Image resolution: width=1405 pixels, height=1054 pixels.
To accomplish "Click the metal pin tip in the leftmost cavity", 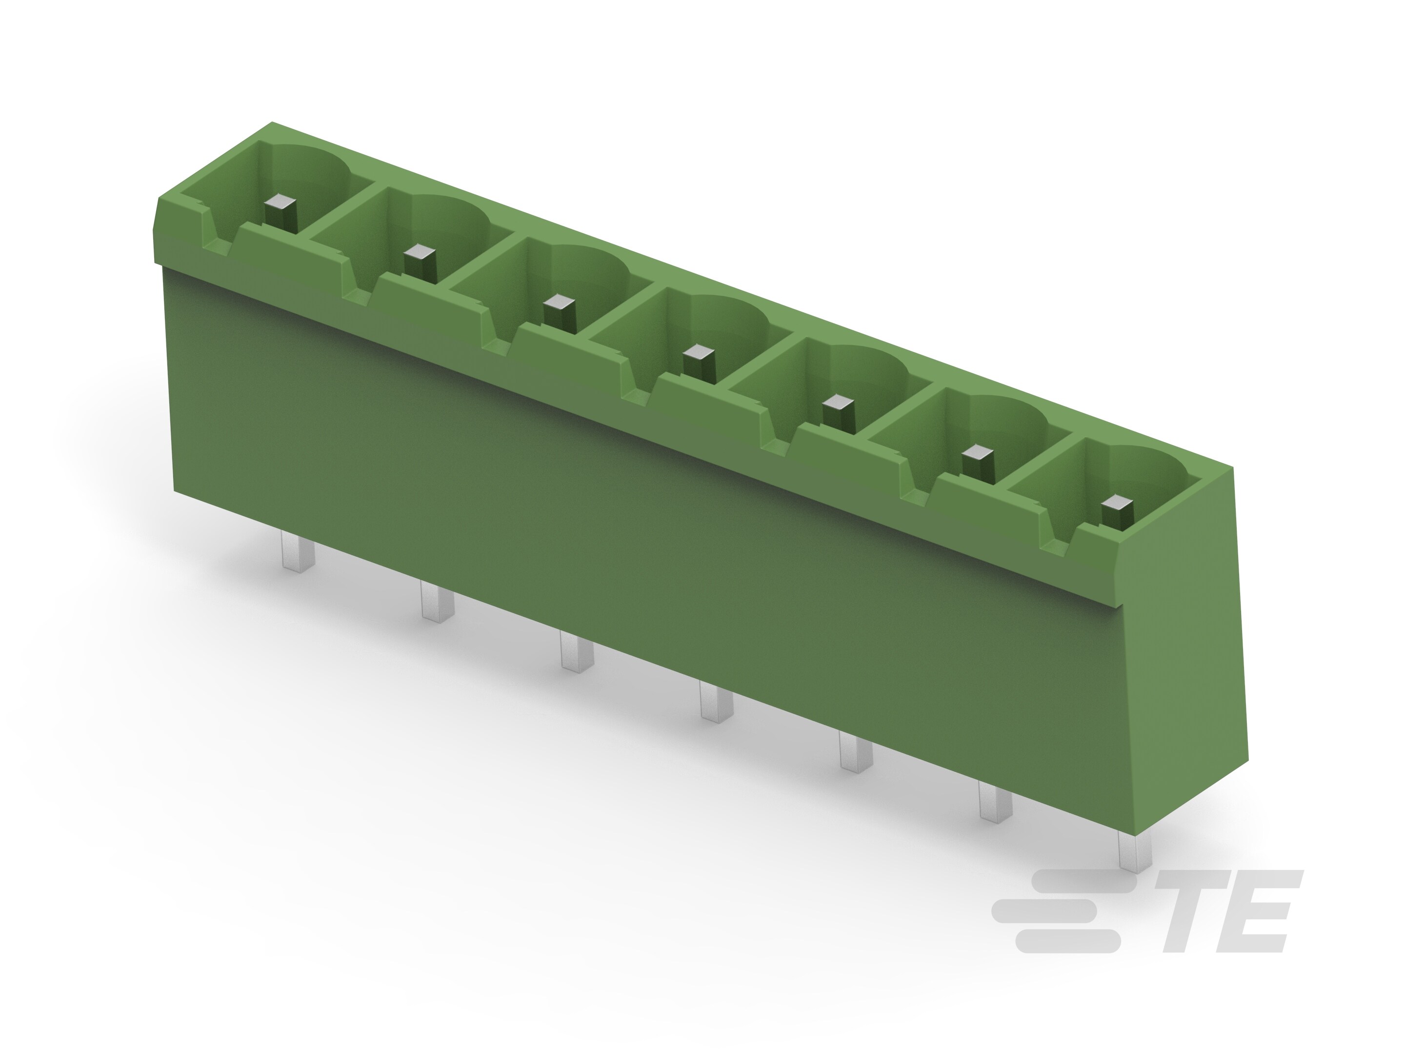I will [x=280, y=204].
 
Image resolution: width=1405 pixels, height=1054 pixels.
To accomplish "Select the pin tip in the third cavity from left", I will [x=560, y=303].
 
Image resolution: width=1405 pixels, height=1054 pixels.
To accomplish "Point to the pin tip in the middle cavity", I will [x=699, y=352].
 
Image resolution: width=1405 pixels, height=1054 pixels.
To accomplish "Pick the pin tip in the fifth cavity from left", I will [x=839, y=402].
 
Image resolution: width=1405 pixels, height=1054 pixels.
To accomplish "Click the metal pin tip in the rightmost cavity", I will [x=1117, y=504].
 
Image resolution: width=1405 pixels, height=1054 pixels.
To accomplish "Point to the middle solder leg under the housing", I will [x=716, y=701].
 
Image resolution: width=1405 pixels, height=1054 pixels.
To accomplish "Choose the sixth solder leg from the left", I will [x=995, y=802].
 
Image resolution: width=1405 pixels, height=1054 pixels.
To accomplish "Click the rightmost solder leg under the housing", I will [x=1134, y=851].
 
